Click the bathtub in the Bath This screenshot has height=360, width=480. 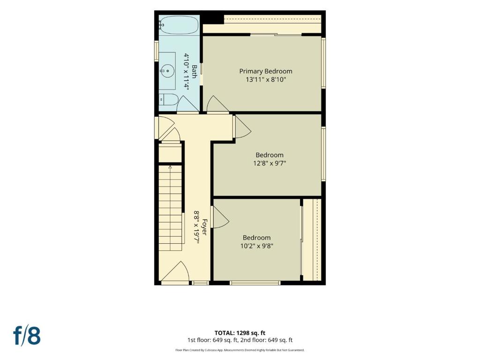pyautogui.click(x=179, y=25)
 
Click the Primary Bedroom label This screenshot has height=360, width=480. pyautogui.click(x=266, y=71)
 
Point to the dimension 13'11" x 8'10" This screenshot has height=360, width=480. pyautogui.click(x=266, y=80)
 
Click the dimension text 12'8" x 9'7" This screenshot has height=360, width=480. pyautogui.click(x=270, y=163)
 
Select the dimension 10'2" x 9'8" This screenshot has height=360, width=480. pyautogui.click(x=256, y=246)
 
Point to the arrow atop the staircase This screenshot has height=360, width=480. pyautogui.click(x=170, y=167)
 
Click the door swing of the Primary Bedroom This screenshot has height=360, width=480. pyautogui.click(x=217, y=104)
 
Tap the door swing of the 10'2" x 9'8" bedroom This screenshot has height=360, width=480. pyautogui.click(x=220, y=217)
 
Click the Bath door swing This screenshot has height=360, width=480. pyautogui.click(x=188, y=104)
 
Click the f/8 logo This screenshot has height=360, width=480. pyautogui.click(x=27, y=335)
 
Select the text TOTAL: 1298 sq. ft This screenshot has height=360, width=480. pyautogui.click(x=240, y=333)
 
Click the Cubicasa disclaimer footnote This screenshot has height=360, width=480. pyautogui.click(x=240, y=350)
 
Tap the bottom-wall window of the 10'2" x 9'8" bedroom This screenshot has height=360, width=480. pyautogui.click(x=255, y=283)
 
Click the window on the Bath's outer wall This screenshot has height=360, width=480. pyautogui.click(x=156, y=52)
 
